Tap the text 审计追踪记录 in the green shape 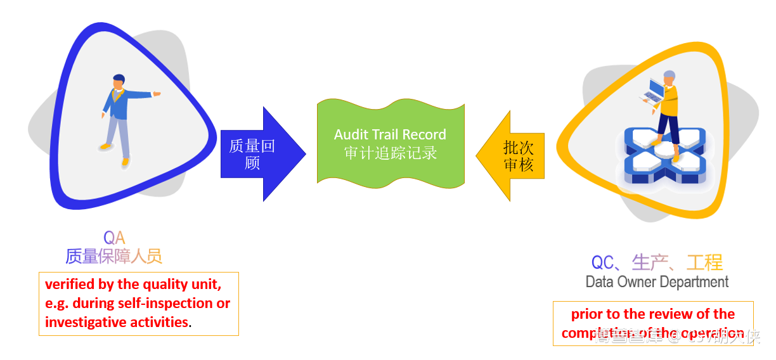point(390,153)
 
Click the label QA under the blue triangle point(114,238)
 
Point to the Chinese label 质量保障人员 point(114,256)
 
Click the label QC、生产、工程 point(657,262)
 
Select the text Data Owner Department point(657,282)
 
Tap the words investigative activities point(117,322)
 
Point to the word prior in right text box point(586,314)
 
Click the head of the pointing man point(118,81)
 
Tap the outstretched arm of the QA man point(143,95)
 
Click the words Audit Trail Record point(390,134)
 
